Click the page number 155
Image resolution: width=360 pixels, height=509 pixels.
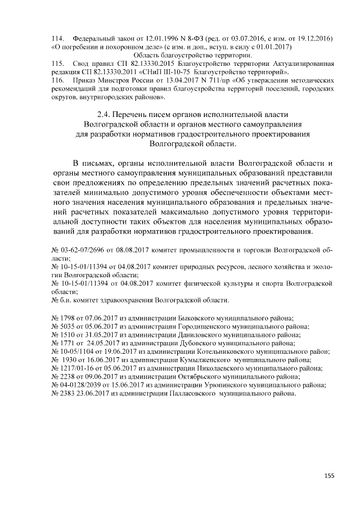(x=329, y=475)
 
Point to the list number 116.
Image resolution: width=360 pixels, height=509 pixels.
(x=58, y=80)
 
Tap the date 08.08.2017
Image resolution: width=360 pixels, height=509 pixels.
(x=130, y=249)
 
